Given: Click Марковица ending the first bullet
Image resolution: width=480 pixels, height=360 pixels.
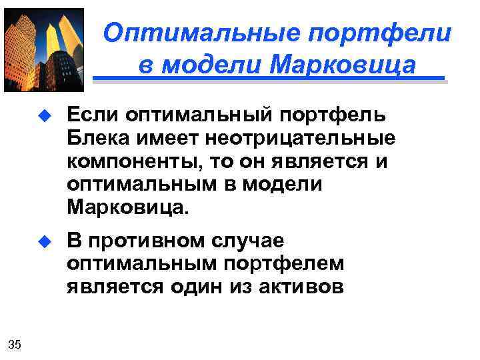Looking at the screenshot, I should pyautogui.click(x=127, y=207).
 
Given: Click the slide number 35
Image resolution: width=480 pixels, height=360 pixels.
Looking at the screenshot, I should pyautogui.click(x=15, y=344).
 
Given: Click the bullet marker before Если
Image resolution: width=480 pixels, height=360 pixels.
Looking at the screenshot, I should pyautogui.click(x=45, y=117).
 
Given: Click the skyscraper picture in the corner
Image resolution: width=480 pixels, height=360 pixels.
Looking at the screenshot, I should pyautogui.click(x=43, y=49).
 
